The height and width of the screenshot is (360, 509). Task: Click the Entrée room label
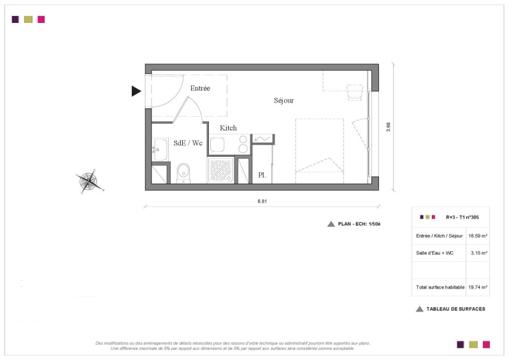[200, 88]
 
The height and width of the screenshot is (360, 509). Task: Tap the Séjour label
[283, 100]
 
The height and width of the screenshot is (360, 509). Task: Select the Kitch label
[228, 128]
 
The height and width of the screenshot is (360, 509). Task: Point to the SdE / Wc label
[188, 143]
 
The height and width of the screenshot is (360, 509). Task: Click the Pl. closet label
[262, 175]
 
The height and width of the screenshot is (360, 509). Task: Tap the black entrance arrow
[136, 91]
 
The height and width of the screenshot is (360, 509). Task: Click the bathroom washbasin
[160, 149]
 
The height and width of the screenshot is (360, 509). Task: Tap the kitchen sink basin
[217, 145]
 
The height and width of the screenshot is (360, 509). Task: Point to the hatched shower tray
[221, 169]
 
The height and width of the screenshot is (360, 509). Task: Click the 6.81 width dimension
[262, 201]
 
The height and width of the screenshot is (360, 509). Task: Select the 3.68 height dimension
[388, 127]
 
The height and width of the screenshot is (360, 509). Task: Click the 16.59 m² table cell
[478, 236]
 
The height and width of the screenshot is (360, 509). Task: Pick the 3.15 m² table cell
[479, 253]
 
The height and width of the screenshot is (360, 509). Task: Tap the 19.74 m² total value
[478, 287]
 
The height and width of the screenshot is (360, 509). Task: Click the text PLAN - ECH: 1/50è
[359, 224]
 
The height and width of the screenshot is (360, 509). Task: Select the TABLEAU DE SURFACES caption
[455, 309]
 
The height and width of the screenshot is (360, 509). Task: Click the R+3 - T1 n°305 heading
[462, 217]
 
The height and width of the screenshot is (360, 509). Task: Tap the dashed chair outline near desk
[354, 92]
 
